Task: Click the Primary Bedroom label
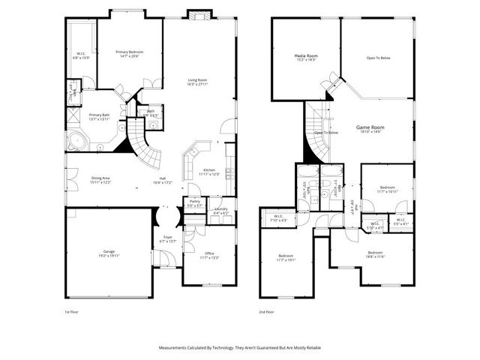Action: pyautogui.click(x=129, y=53)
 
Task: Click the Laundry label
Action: pyautogui.click(x=220, y=211)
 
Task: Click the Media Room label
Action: pyautogui.click(x=304, y=57)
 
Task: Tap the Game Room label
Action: pyautogui.click(x=369, y=128)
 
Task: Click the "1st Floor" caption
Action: pyautogui.click(x=72, y=310)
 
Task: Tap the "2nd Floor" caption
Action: pyautogui.click(x=266, y=310)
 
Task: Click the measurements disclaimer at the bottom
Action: pyautogui.click(x=239, y=347)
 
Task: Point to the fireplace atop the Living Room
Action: pyautogui.click(x=199, y=15)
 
